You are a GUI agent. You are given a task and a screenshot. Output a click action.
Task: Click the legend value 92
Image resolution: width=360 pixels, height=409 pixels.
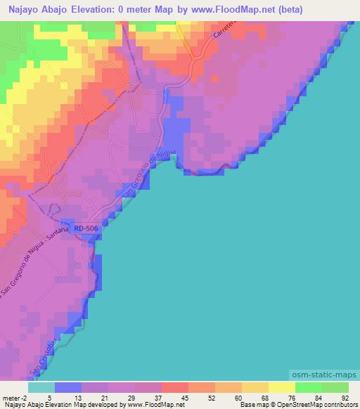click(x=345, y=397)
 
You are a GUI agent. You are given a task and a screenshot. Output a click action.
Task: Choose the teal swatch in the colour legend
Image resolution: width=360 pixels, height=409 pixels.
click(x=41, y=387)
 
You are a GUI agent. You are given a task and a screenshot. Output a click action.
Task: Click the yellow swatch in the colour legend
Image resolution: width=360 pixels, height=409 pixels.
click(x=281, y=387)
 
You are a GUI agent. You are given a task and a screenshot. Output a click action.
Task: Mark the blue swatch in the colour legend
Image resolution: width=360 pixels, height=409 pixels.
click(x=68, y=387)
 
